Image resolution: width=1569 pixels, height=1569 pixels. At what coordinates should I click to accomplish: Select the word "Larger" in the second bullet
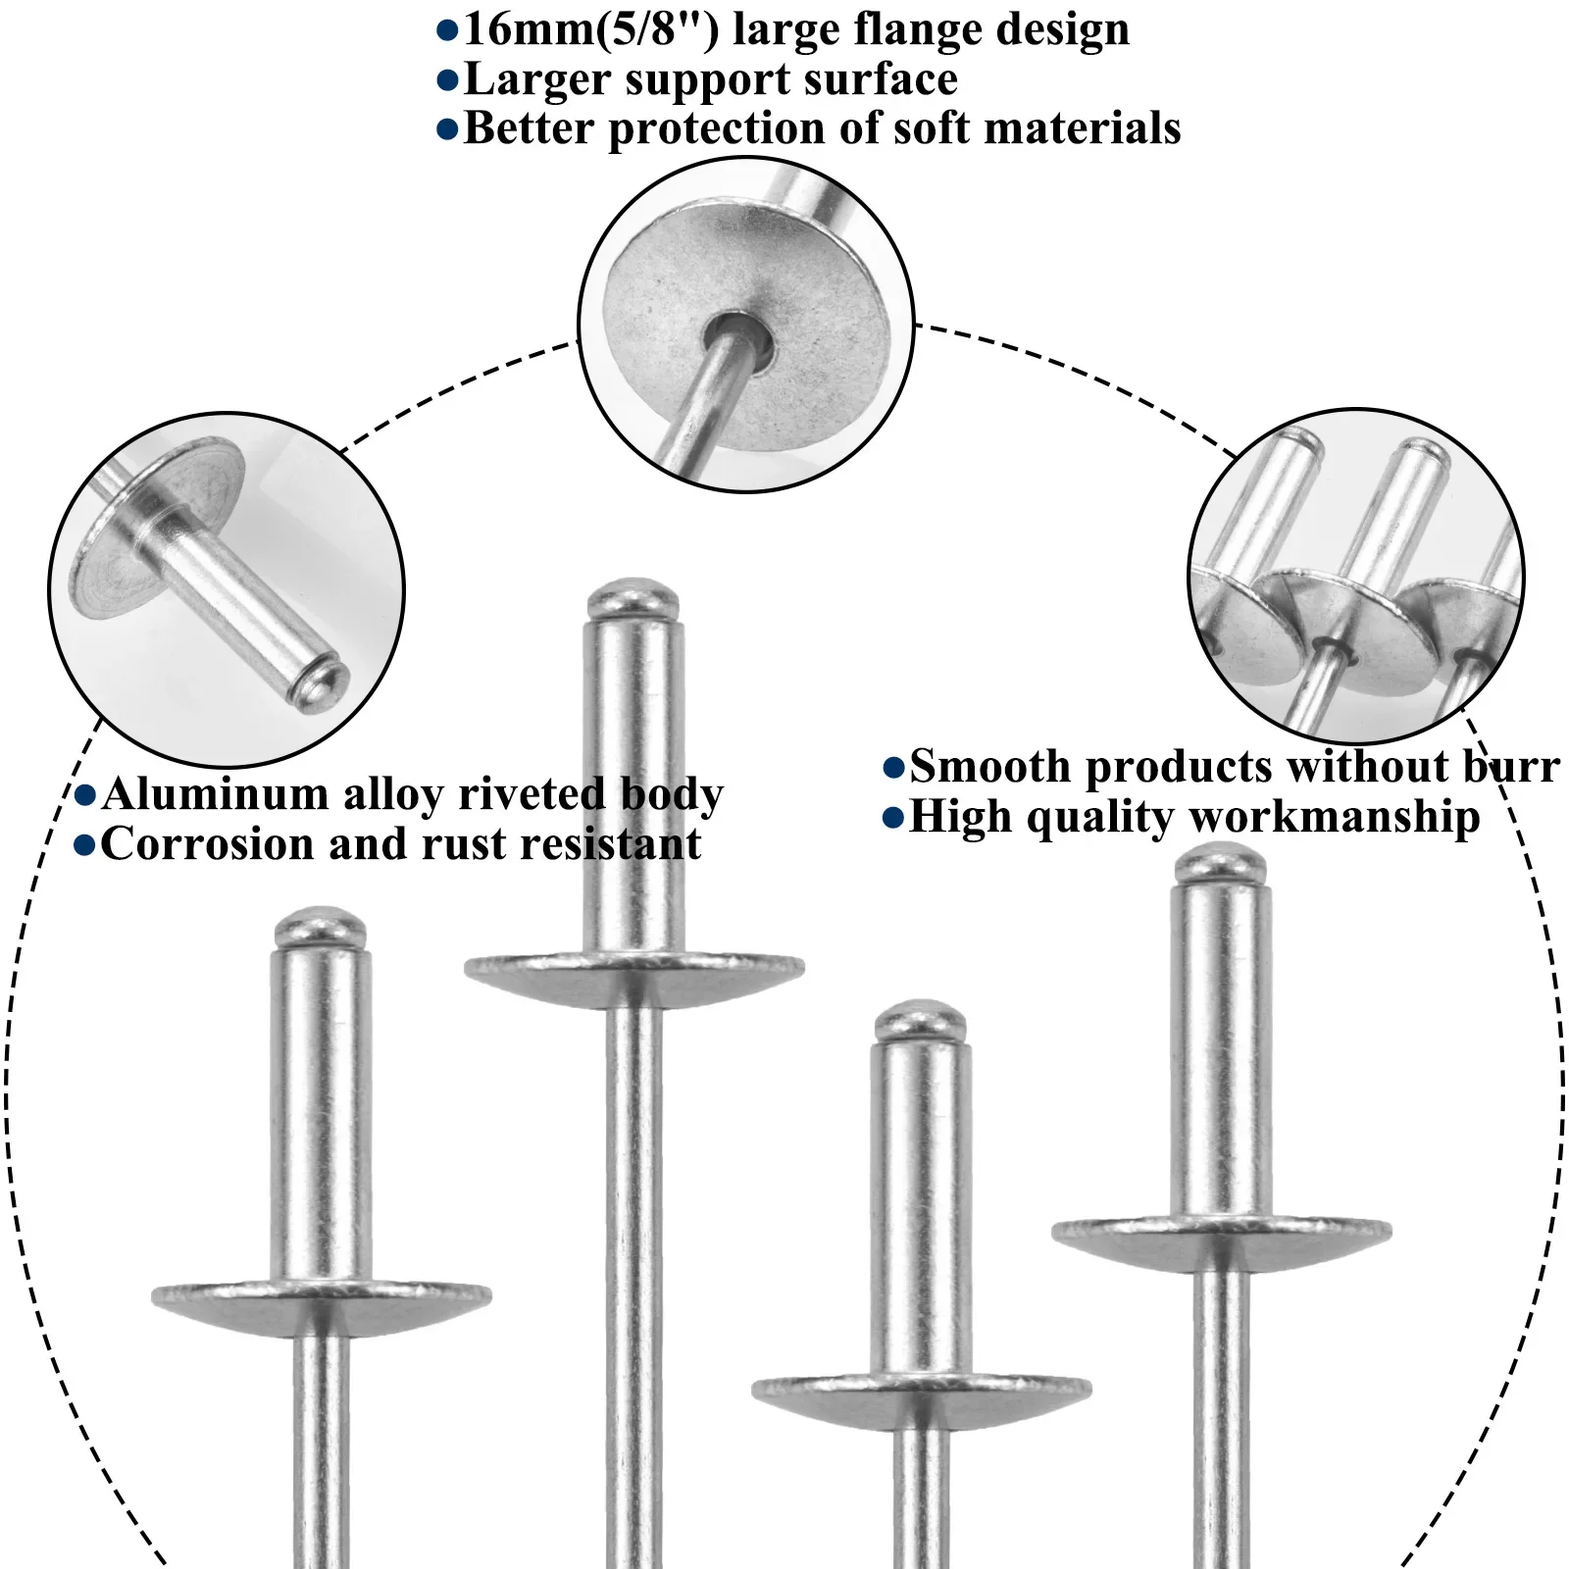(x=536, y=80)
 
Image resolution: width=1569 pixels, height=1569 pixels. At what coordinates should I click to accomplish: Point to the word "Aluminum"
(x=215, y=793)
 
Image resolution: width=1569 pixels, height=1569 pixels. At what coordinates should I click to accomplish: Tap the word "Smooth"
(x=990, y=766)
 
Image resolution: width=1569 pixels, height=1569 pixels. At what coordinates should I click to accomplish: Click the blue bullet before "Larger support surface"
(x=447, y=80)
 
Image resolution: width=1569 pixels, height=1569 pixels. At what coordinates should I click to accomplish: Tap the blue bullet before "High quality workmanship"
(x=893, y=818)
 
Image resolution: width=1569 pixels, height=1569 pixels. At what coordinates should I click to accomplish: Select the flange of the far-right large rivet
(x=1221, y=1234)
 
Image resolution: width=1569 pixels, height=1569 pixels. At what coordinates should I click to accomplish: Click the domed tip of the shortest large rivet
(x=920, y=1021)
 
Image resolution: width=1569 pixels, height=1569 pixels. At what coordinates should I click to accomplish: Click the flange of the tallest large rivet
(x=633, y=971)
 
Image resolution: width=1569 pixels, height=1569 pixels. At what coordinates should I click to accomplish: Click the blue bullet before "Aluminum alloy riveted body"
(x=85, y=794)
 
